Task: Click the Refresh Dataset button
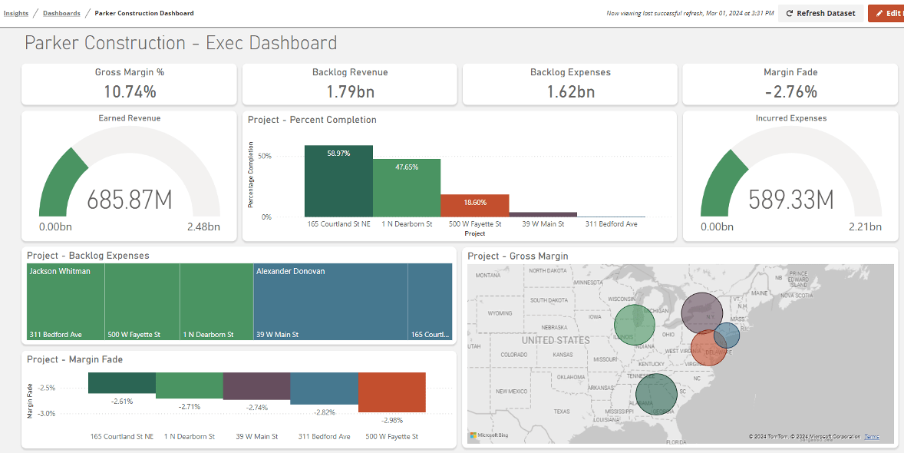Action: click(820, 13)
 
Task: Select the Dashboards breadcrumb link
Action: click(61, 13)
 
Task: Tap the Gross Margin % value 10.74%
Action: click(130, 92)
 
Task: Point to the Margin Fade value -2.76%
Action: click(790, 92)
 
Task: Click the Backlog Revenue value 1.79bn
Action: click(350, 92)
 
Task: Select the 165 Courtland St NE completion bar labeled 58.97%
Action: click(338, 181)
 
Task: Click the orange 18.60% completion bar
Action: click(474, 205)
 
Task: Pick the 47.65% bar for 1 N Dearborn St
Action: click(407, 187)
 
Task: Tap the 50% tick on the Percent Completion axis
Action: click(265, 156)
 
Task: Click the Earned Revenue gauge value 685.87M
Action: click(130, 200)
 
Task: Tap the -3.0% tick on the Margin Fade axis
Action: click(47, 414)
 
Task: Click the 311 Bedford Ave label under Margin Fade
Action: click(324, 436)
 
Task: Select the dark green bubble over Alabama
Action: click(656, 393)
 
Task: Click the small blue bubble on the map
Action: click(727, 336)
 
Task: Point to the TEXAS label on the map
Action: click(562, 412)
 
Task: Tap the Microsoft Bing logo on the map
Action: click(489, 435)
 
